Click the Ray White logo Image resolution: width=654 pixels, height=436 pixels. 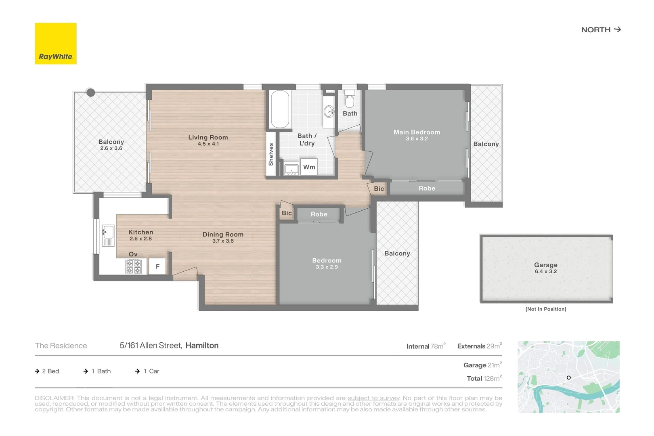click(56, 44)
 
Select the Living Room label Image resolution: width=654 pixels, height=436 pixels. click(208, 137)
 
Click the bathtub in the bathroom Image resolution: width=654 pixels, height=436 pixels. click(280, 109)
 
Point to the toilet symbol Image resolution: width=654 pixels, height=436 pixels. click(350, 100)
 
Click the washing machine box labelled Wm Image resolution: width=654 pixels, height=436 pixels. click(309, 167)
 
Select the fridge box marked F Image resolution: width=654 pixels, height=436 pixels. click(157, 266)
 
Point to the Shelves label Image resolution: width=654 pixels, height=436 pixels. click(271, 154)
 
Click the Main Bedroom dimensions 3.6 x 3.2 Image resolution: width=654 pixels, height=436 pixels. click(417, 139)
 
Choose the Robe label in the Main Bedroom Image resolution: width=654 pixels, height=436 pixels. click(427, 189)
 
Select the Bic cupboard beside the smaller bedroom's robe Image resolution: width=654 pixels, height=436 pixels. click(287, 213)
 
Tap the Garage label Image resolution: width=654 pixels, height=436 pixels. click(545, 265)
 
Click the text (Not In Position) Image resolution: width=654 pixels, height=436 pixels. click(545, 309)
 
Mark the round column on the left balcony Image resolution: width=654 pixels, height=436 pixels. click(91, 93)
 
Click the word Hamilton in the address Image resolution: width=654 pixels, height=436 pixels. click(202, 346)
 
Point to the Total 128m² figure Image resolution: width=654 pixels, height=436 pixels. click(484, 379)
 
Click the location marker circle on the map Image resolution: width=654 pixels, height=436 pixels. click(568, 377)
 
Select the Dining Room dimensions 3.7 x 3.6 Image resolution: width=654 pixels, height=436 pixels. click(223, 241)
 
